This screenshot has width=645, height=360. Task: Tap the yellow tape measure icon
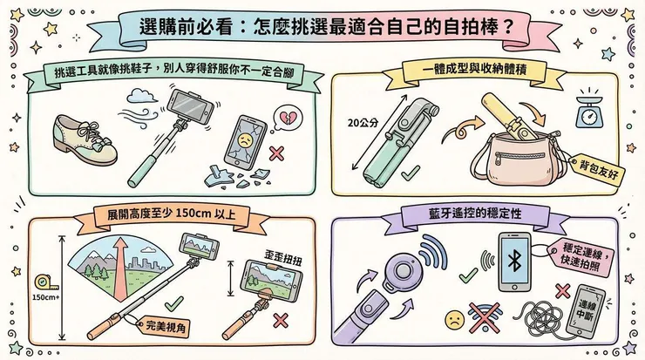pos(39,283)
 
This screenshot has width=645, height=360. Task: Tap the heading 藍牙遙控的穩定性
pos(475,214)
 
